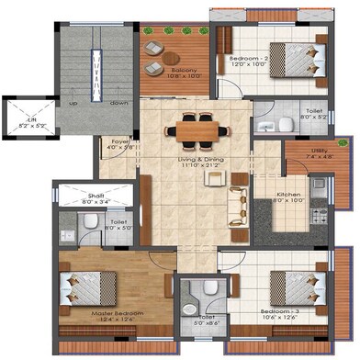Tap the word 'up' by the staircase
(x=72, y=103)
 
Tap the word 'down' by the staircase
(x=117, y=103)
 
